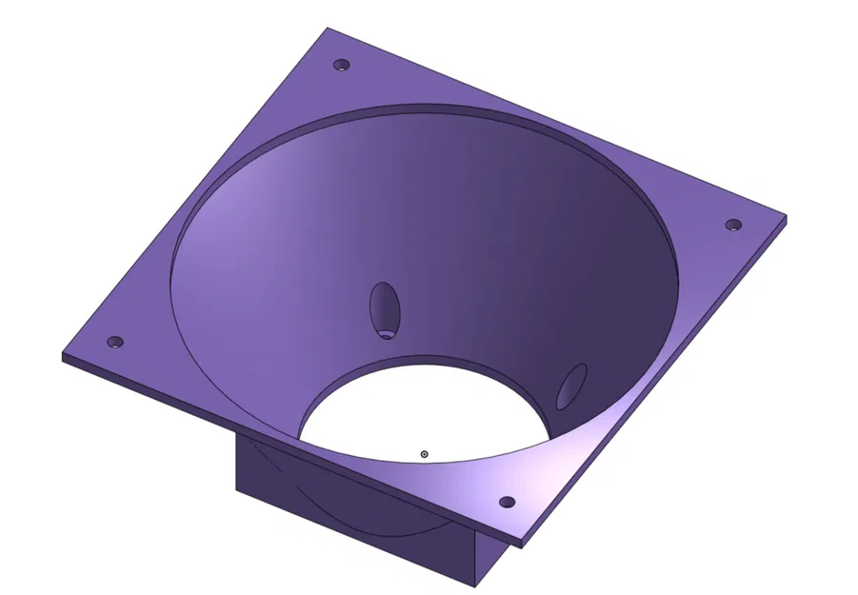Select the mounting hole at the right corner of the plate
733,226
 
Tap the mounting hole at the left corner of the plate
115,342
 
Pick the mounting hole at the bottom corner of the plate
507,502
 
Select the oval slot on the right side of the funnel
572,386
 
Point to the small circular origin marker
425,454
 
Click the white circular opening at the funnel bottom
419,409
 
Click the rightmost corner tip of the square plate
788,218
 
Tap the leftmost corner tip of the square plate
63,357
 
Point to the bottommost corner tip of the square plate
523,545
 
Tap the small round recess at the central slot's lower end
386,333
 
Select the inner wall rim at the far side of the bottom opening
429,362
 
